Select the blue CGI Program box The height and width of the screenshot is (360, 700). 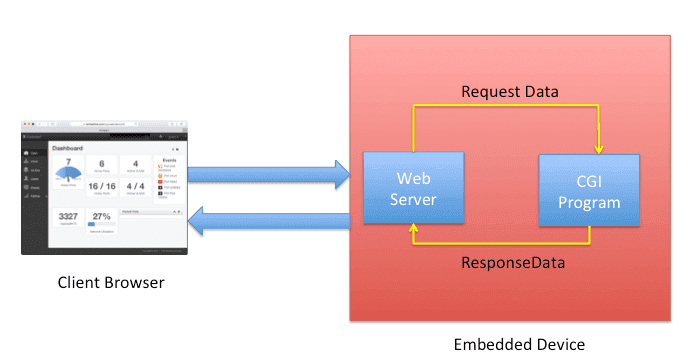point(589,190)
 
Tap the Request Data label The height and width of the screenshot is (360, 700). point(509,91)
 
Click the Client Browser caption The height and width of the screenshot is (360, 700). point(109,283)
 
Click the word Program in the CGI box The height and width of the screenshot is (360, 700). point(589,203)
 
